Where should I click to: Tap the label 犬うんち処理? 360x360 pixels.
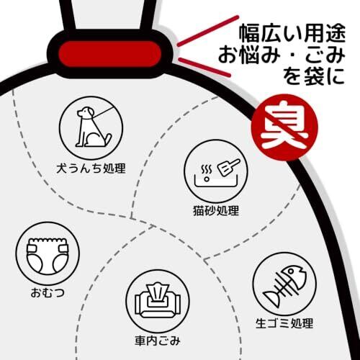[91, 168]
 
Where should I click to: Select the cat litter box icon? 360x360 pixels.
[215, 171]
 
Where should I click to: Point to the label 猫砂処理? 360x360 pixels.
[216, 211]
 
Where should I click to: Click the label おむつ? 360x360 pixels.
[48, 293]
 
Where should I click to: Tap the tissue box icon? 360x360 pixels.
[158, 302]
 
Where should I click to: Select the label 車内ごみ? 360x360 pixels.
[158, 341]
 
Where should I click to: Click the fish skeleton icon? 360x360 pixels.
[284, 284]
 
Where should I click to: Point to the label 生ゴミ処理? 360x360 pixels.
[284, 323]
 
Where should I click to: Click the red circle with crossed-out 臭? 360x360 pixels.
[284, 127]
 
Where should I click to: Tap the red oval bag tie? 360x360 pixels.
[110, 54]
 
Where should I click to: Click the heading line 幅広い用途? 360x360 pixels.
[292, 33]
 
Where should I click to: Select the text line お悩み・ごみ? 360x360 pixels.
[282, 55]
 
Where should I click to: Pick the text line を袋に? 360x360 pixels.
[314, 76]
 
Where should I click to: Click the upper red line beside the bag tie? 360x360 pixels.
[208, 30]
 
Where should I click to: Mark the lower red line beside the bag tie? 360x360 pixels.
[204, 67]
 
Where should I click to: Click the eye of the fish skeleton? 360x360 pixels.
[291, 271]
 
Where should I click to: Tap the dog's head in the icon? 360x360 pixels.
[84, 112]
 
